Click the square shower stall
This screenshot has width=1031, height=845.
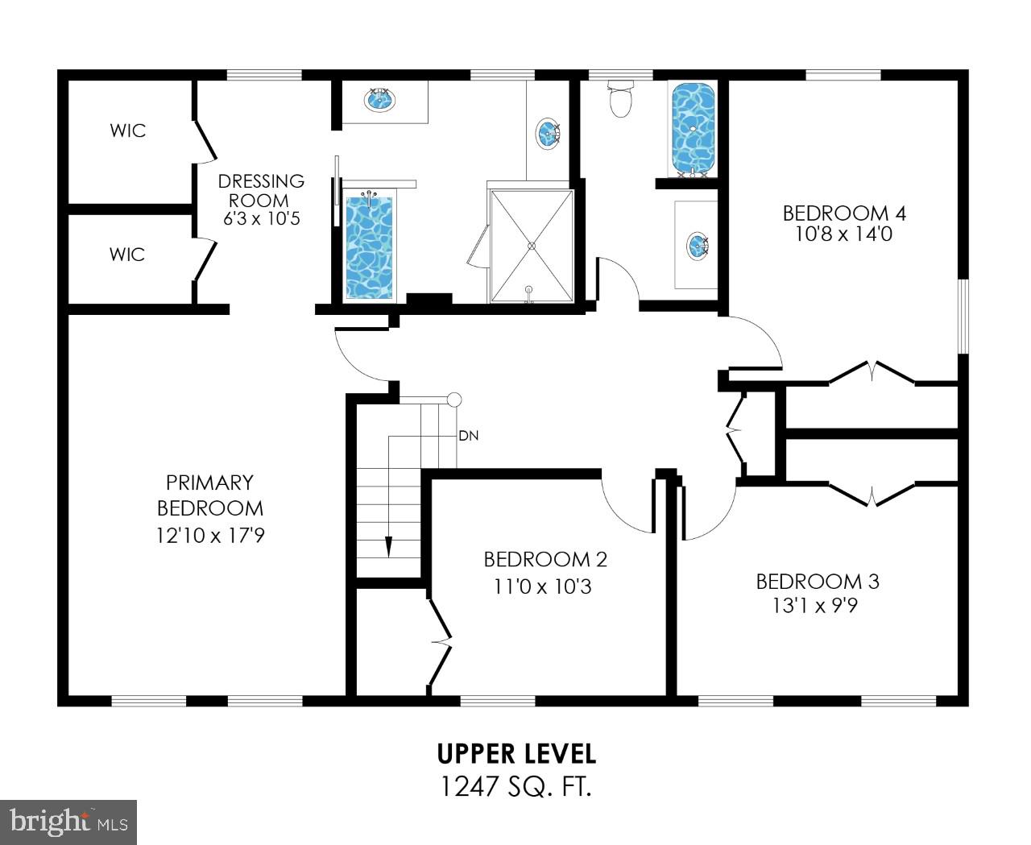tap(531, 246)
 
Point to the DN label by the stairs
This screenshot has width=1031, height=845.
tap(469, 436)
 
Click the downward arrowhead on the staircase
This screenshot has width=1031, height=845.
tap(388, 546)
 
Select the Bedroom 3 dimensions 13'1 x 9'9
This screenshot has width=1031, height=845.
tap(815, 605)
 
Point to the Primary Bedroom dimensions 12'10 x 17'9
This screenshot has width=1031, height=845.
tap(210, 535)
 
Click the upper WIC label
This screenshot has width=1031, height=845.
tap(128, 130)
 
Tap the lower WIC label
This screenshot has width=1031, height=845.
tap(127, 255)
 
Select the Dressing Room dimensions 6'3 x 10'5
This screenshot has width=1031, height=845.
tap(262, 217)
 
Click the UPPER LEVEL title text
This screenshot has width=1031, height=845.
tap(516, 754)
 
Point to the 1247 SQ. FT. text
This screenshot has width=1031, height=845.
tap(516, 786)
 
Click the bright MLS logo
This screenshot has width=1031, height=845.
tap(68, 822)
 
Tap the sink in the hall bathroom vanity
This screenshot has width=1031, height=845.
tap(697, 245)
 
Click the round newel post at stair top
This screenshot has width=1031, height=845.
tap(454, 400)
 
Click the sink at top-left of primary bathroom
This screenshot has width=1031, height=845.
tap(379, 101)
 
